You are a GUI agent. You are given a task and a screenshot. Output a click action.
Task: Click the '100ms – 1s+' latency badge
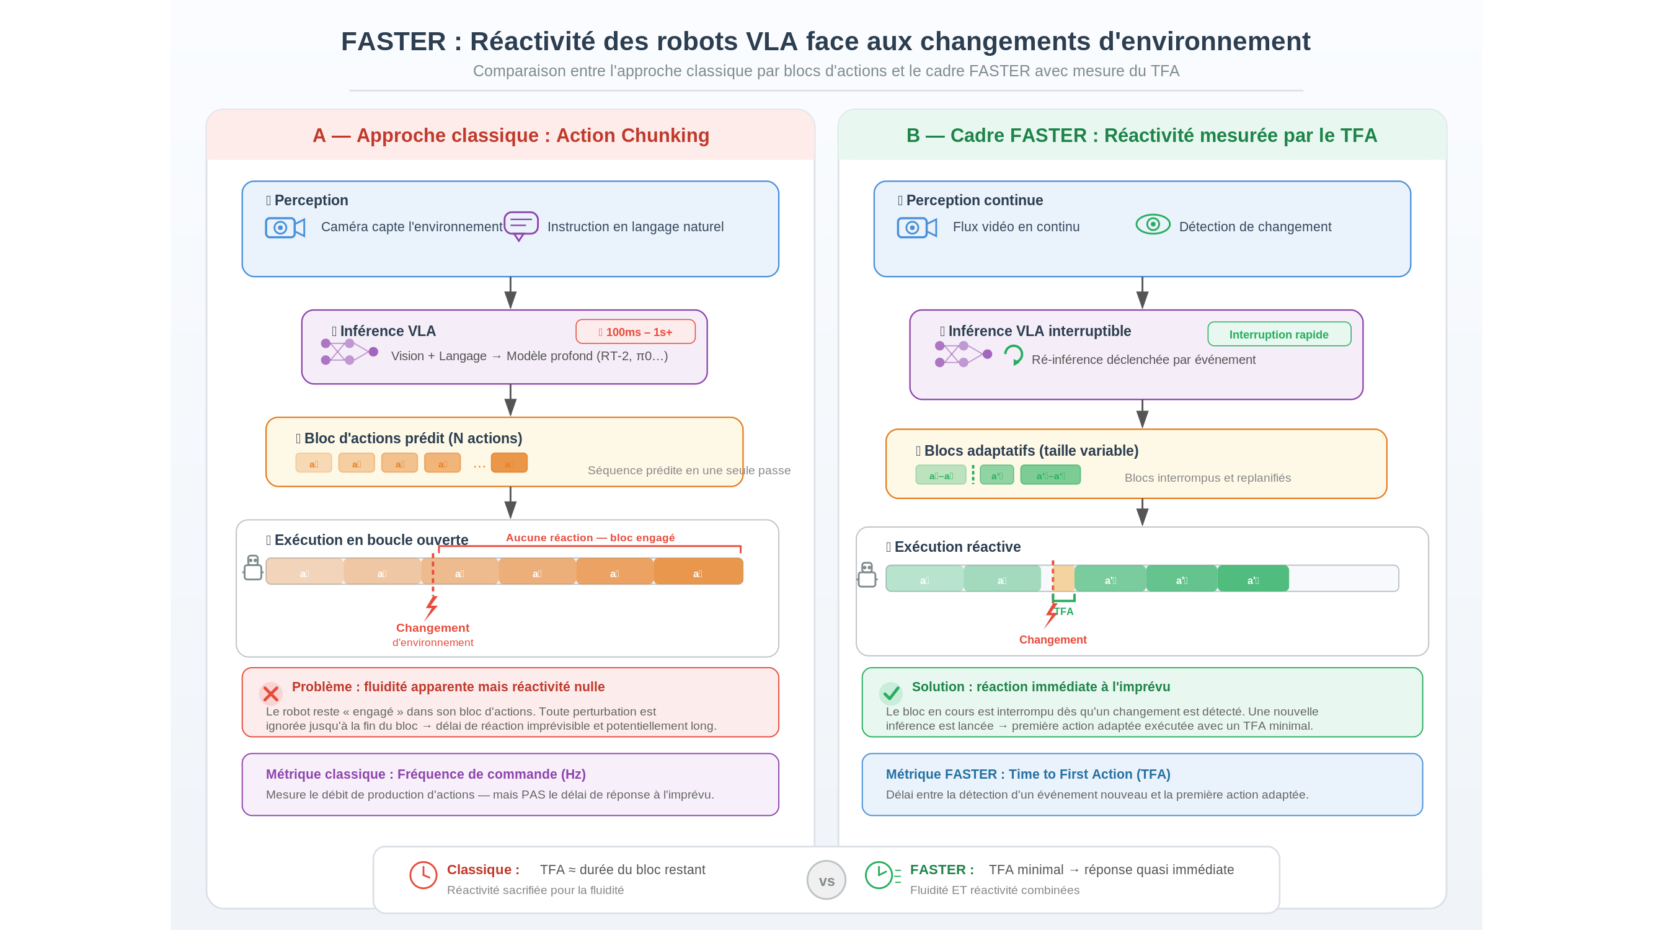point(636,332)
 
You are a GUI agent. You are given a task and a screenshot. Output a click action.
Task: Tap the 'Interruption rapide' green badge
point(1279,334)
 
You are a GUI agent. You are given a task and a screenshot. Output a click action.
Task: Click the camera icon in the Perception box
point(284,227)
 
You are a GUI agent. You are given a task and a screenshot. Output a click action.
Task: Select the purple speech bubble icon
point(520,225)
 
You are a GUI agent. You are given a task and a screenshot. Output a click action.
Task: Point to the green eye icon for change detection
point(1153,224)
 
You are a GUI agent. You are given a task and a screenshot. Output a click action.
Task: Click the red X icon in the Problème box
point(271,694)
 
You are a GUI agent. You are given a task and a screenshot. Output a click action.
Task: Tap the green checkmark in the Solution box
point(890,693)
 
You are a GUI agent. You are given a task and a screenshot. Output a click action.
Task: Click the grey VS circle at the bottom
point(826,880)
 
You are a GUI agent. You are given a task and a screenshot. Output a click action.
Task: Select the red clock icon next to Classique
point(423,875)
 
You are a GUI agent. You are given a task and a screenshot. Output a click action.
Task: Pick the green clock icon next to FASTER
point(879,875)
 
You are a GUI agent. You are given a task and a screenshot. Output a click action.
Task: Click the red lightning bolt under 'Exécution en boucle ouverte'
point(431,607)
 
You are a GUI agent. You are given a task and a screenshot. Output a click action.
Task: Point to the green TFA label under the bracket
point(1064,611)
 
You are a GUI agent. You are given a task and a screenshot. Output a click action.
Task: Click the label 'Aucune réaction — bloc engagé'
point(590,538)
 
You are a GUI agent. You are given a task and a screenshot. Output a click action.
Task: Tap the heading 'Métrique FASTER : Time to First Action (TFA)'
point(1027,774)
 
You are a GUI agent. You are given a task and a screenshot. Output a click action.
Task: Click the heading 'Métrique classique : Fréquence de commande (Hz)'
point(425,774)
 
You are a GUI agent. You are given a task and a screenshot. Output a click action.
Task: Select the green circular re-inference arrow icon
point(1013,355)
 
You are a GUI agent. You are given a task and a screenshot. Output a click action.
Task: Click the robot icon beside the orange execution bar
point(253,568)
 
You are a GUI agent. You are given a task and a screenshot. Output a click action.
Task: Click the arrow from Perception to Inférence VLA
point(510,293)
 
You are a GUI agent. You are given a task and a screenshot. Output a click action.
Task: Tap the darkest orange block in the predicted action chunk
point(509,463)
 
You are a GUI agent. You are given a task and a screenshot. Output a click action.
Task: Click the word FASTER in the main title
point(392,42)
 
